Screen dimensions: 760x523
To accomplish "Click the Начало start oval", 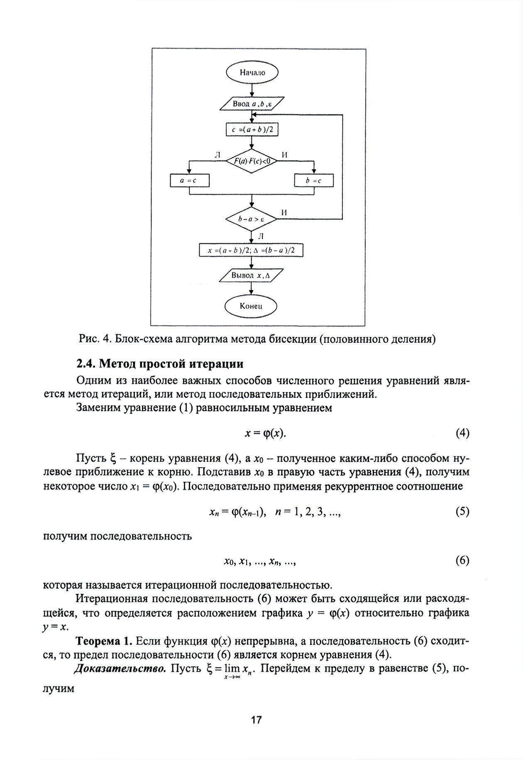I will (252, 73).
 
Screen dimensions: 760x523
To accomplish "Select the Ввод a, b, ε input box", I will (252, 103).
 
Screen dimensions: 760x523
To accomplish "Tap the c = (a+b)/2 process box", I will (252, 130).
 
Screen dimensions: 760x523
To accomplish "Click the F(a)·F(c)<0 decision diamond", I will (252, 161).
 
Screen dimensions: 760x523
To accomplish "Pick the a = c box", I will (190, 180).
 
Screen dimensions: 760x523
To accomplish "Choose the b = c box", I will (314, 180).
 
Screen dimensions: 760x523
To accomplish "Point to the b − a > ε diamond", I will (251, 219).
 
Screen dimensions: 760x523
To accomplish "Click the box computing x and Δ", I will (252, 250).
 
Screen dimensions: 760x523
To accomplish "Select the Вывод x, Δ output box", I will (251, 275).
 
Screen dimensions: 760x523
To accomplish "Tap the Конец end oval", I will (251, 307).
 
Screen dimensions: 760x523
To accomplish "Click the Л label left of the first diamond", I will (217, 155).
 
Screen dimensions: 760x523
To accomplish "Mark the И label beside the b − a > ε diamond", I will (284, 212).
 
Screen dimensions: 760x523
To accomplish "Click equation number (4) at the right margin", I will (462, 433).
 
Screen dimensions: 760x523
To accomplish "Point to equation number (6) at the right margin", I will (462, 560).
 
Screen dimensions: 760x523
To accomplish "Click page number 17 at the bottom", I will (257, 719).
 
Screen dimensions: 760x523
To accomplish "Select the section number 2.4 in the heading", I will (86, 364).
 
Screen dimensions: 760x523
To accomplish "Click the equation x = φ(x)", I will (266, 434).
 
